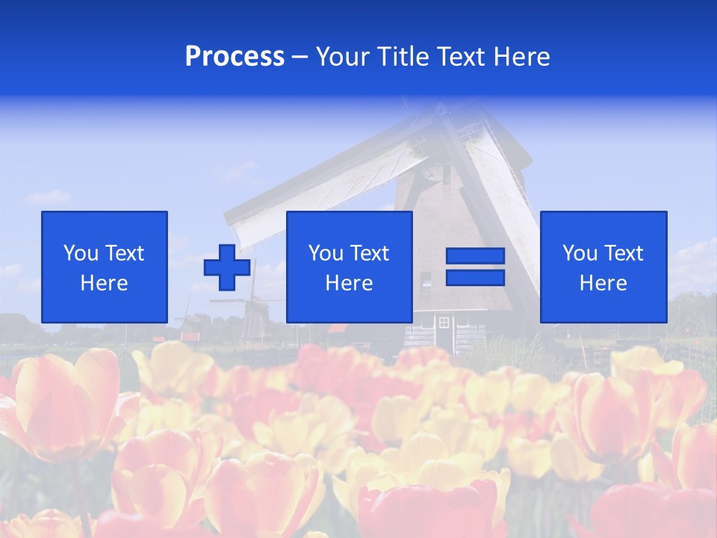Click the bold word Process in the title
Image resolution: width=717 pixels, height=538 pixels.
235,57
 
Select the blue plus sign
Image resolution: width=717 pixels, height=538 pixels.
227,267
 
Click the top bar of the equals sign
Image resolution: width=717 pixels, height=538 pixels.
475,256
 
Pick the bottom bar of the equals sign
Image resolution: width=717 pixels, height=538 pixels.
475,277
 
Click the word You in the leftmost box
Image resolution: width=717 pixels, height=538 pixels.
81,253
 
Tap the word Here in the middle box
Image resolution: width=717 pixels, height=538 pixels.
349,283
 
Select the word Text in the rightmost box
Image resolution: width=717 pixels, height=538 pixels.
623,253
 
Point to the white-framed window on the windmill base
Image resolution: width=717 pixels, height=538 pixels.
444,322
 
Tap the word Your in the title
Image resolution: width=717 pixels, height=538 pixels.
344,57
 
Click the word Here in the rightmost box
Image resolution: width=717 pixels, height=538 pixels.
603,283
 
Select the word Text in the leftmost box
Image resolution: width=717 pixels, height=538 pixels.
124,253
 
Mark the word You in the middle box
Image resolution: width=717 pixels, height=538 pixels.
326,253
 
